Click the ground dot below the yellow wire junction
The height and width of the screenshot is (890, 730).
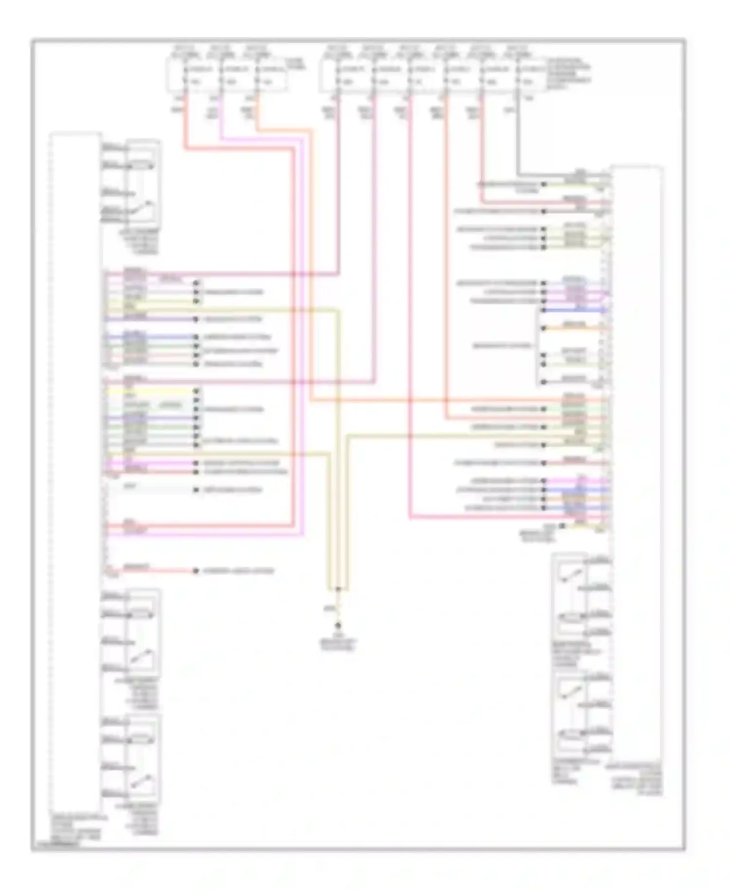coord(337,624)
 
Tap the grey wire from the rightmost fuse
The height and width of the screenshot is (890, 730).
coord(517,141)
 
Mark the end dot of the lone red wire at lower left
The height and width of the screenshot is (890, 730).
coord(196,571)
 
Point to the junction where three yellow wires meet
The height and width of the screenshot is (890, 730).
coord(338,589)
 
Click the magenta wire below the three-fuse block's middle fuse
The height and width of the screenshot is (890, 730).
coord(221,122)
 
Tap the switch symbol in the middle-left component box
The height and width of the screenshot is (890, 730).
coord(144,656)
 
